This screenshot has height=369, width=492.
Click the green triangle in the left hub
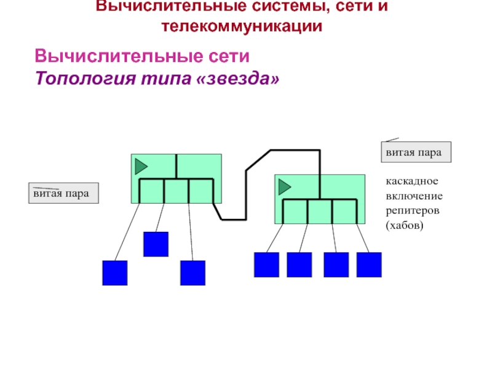pos(141,166)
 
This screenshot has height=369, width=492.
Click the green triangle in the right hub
pos(284,186)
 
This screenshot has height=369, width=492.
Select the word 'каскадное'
pos(411,182)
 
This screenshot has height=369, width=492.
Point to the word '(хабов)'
pos(405,226)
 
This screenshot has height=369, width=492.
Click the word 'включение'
pos(414,196)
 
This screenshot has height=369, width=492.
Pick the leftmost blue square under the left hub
pos(114,273)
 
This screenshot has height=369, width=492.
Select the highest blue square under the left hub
pos(156,244)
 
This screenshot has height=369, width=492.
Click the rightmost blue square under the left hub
pos(192,273)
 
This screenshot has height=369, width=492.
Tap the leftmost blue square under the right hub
pos(266,264)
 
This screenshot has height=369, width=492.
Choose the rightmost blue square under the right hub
pos(369,264)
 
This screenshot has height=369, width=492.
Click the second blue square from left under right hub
pos(300,264)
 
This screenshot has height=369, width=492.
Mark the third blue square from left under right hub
pos(336,264)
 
